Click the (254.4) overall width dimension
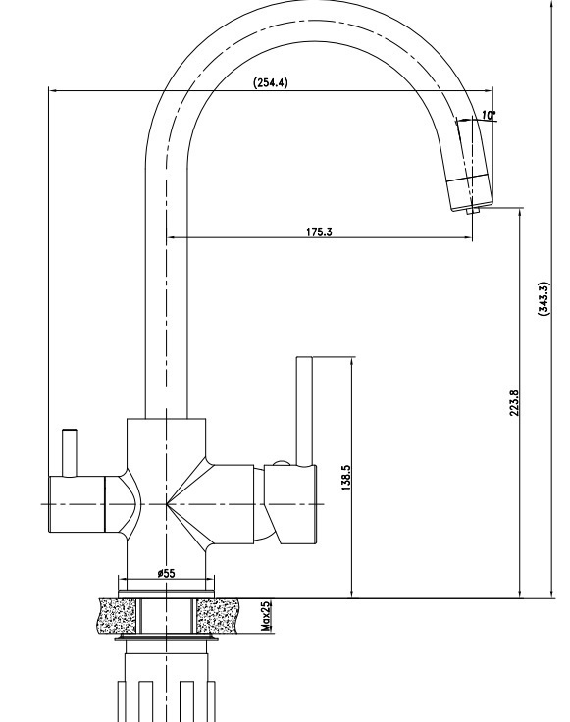271,82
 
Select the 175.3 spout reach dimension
319,232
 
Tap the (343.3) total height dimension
544,298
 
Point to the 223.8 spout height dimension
514,403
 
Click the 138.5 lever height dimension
346,478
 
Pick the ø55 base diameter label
166,573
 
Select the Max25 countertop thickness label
266,616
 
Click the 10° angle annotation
489,115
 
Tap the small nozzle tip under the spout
473,211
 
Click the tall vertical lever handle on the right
304,411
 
